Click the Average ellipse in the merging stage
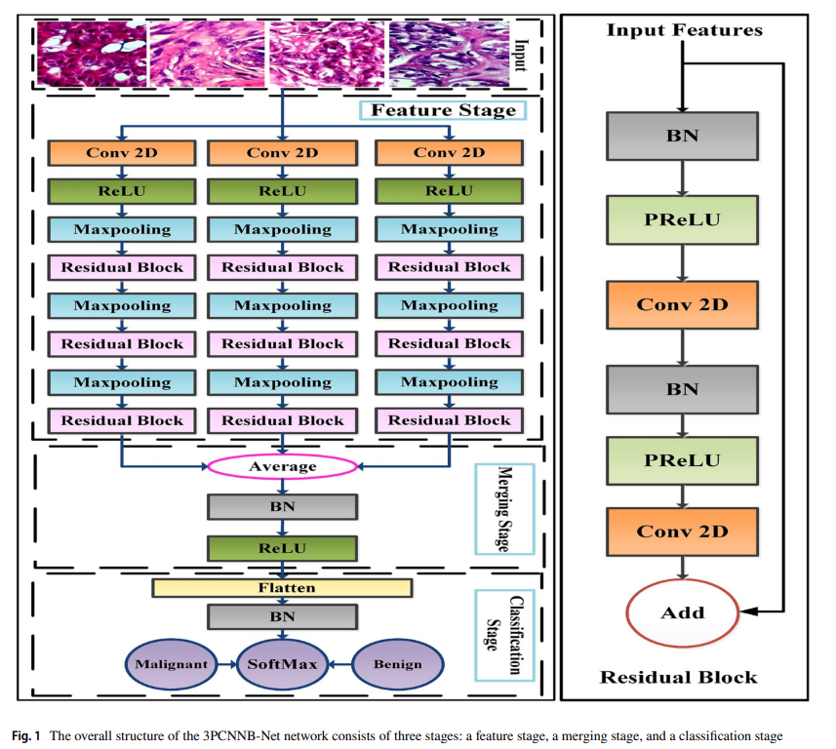283,466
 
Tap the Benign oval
398,664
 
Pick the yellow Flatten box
283,588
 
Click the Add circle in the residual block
682,612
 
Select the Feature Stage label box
443,110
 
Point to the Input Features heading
684,30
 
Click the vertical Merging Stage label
503,508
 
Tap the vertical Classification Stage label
503,634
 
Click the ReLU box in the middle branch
283,190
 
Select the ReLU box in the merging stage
283,547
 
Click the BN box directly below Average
283,506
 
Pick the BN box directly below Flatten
283,616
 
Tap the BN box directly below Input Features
682,136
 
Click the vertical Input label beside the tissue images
521,55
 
